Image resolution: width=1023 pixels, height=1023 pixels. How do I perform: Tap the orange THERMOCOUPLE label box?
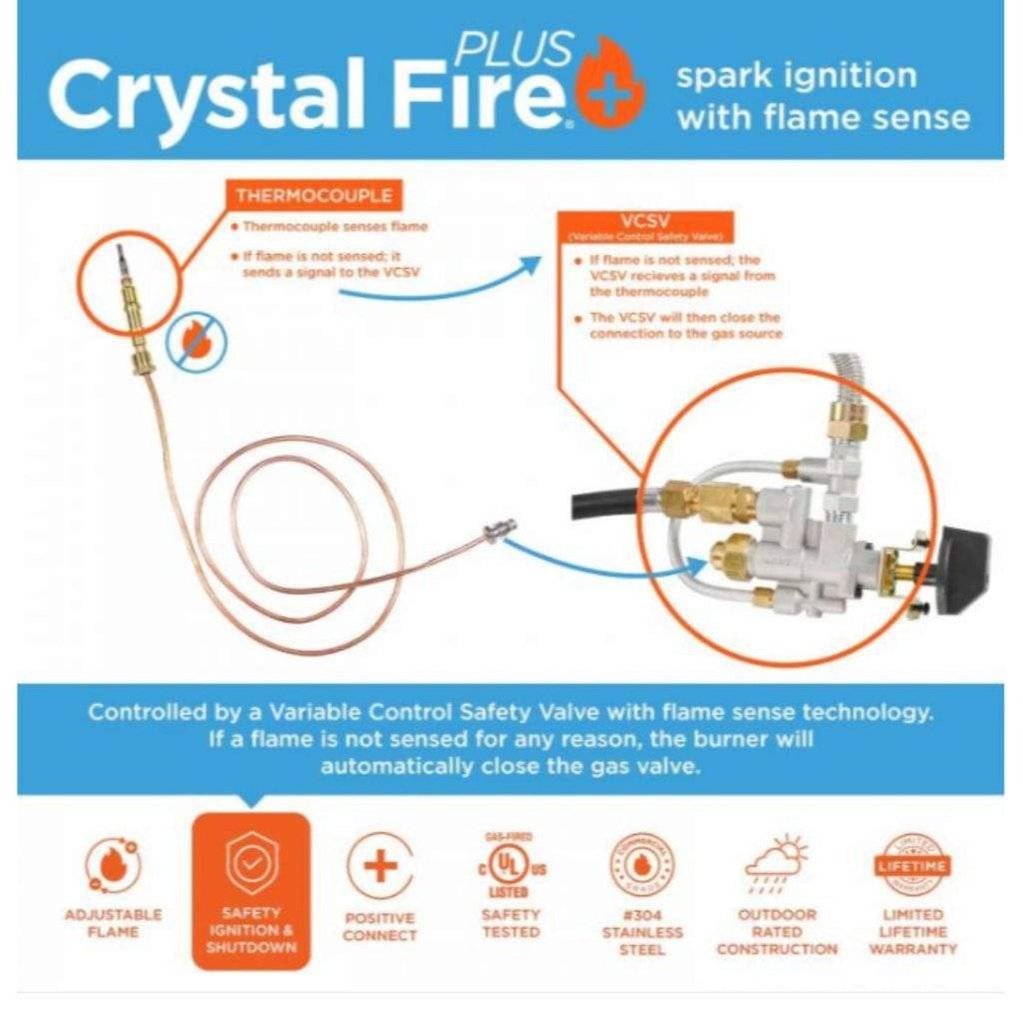[x=314, y=195]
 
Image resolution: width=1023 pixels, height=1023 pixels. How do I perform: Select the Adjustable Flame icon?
[x=113, y=865]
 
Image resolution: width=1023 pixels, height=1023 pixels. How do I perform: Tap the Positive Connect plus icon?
[x=380, y=867]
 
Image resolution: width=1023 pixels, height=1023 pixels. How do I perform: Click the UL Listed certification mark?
[x=510, y=867]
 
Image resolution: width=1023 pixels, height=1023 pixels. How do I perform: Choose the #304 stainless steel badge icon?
[x=642, y=867]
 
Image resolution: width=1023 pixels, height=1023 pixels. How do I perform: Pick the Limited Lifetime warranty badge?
[x=913, y=865]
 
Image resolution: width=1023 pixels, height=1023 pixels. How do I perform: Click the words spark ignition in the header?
[x=796, y=76]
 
